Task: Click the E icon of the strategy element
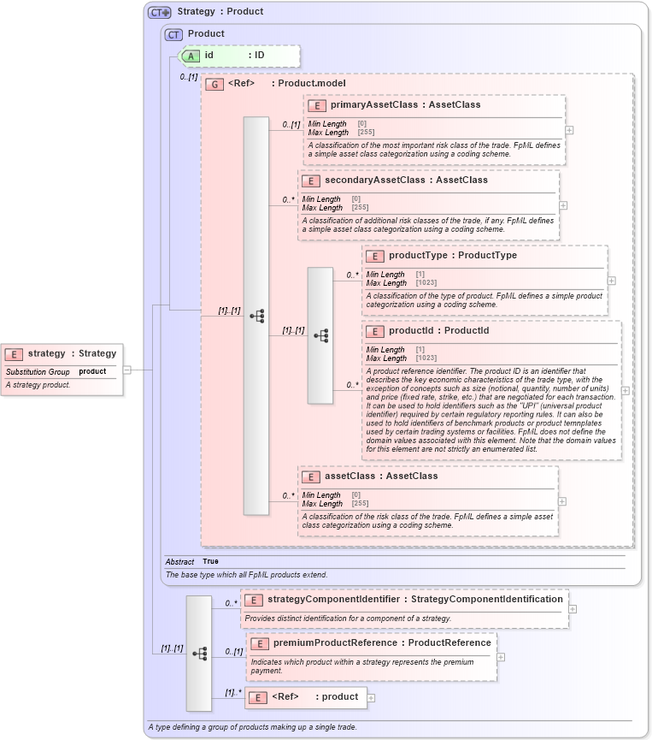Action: click(14, 353)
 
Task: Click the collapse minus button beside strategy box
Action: click(126, 370)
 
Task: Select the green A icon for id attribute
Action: click(192, 56)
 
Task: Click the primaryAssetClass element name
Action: click(370, 105)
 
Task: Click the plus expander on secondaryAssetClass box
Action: click(563, 205)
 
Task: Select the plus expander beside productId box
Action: click(625, 390)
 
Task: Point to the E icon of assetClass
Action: click(311, 477)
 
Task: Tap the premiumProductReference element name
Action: click(336, 642)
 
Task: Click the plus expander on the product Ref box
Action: click(371, 697)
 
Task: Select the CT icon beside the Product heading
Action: click(174, 34)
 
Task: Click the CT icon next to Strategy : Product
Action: click(159, 12)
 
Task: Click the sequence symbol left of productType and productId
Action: click(320, 335)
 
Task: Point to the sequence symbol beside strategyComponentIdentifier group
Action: click(199, 653)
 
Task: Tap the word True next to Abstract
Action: click(210, 561)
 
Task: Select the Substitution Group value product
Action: click(92, 372)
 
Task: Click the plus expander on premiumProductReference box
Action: click(501, 657)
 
